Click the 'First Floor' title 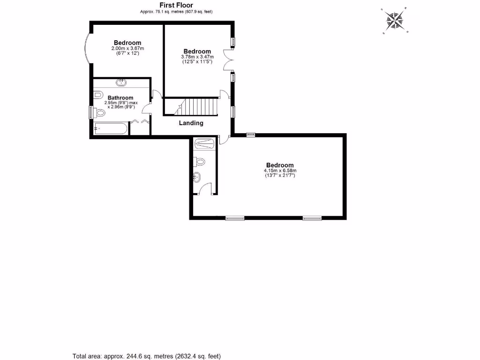176,5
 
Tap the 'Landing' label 191,123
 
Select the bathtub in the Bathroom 109,128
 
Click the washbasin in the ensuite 197,177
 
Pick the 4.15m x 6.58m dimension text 280,171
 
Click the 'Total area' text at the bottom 146,355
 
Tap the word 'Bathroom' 120,97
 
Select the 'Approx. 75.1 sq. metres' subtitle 176,12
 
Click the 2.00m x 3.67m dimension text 127,48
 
